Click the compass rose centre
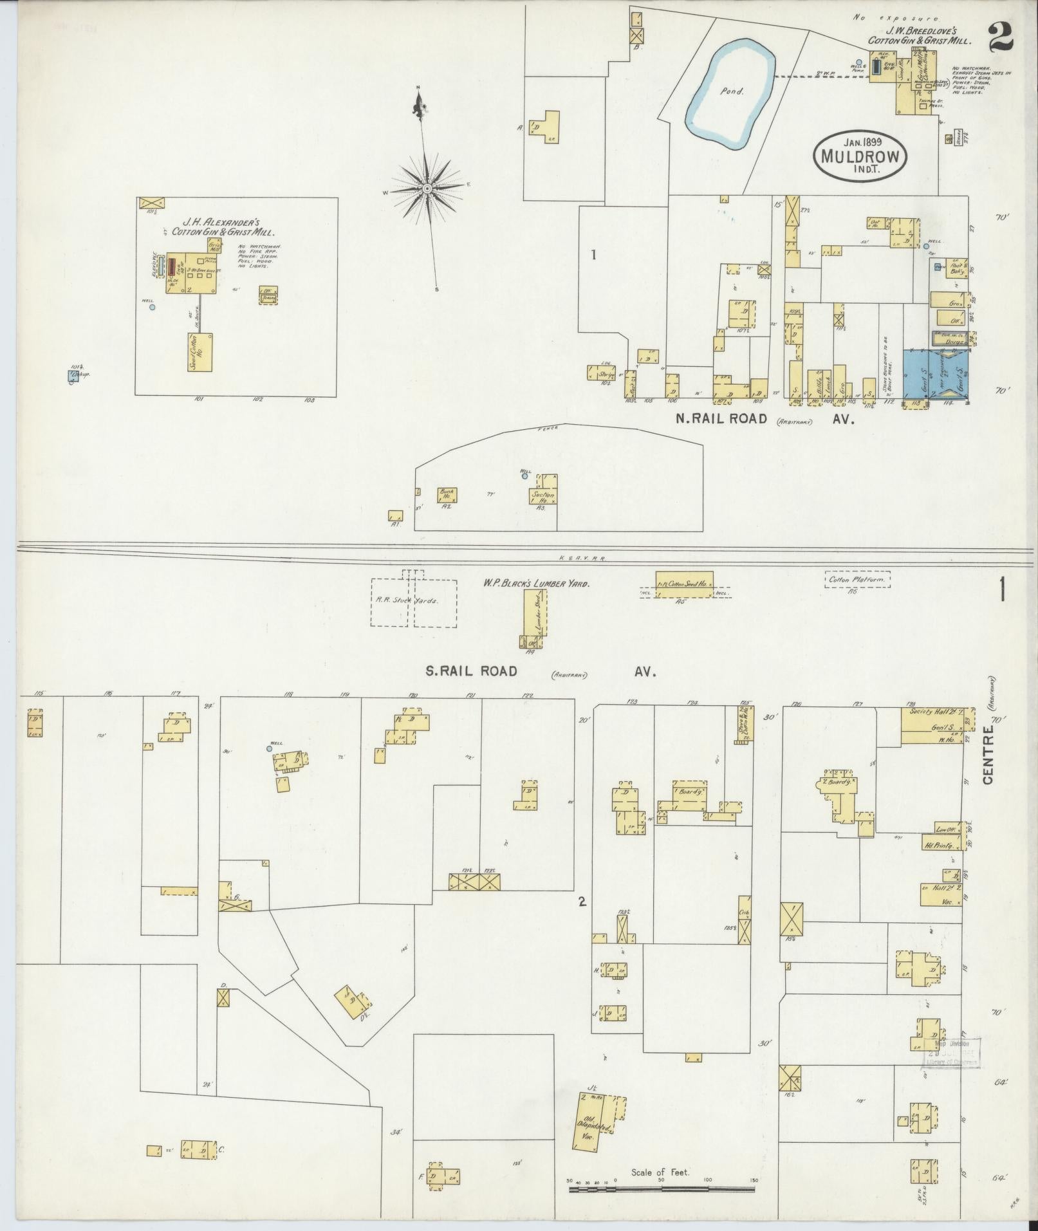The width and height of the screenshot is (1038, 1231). click(x=427, y=188)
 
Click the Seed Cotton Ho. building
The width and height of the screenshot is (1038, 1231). click(x=201, y=351)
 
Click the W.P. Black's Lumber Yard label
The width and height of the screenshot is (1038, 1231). click(x=537, y=583)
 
